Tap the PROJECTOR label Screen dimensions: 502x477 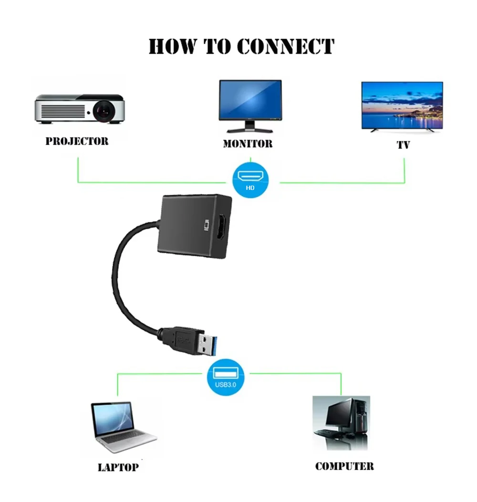[x=77, y=141]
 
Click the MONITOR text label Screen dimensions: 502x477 [x=248, y=144]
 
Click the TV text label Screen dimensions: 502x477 [x=403, y=145]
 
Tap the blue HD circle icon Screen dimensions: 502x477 [x=250, y=180]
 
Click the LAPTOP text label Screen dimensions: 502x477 [x=118, y=467]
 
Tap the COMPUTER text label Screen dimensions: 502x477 [x=344, y=466]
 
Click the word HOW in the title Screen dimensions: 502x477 [x=173, y=47]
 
